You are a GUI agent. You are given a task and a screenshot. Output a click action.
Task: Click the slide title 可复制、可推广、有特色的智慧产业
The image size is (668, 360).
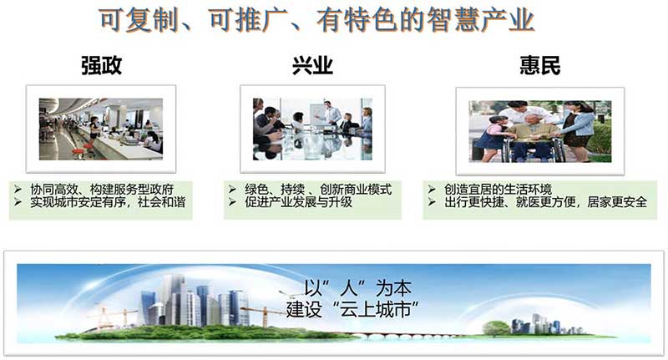pos(316,20)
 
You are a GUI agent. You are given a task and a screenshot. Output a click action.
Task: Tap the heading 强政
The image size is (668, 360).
pos(101,66)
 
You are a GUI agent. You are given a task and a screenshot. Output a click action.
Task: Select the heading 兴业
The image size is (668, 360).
pos(312,66)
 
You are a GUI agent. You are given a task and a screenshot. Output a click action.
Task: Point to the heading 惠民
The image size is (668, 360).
pos(539,66)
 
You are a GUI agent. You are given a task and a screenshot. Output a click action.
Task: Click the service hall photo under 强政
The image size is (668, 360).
pos(101,129)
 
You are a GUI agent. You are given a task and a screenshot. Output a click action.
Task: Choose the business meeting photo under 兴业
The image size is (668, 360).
pos(312,129)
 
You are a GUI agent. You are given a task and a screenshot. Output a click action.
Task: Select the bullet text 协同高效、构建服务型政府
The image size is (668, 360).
pos(102,189)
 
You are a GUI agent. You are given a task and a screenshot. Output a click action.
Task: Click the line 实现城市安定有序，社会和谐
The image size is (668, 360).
pos(108,202)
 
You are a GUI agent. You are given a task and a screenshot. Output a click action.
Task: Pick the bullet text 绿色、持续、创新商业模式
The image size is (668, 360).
pos(318,189)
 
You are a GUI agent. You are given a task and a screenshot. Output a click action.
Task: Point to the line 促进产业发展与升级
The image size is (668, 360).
pos(298,202)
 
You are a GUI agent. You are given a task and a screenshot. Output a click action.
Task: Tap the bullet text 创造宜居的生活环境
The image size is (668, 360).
pos(498,189)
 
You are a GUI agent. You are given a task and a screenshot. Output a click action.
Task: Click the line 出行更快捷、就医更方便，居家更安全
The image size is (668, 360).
pos(546,202)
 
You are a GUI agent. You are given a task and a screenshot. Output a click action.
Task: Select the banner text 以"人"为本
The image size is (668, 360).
pos(358,289)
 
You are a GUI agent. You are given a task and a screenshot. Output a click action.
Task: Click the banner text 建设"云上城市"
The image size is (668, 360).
pos(352,309)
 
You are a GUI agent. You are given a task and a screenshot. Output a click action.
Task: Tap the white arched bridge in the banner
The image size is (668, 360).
pos(405,336)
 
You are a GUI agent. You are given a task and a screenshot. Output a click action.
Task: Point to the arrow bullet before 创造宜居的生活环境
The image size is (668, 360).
pos(432,189)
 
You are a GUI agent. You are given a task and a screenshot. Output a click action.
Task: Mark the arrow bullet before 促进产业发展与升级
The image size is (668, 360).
pos(232,202)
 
